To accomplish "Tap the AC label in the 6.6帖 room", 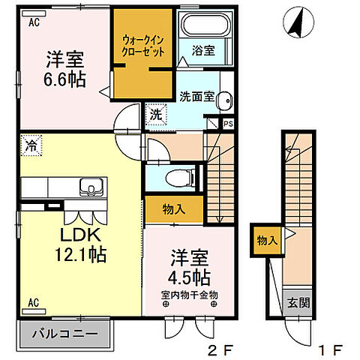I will pyautogui.click(x=34, y=23).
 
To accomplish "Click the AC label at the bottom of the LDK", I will pyautogui.click(x=34, y=302).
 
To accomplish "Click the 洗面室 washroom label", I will pyautogui.click(x=196, y=96).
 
